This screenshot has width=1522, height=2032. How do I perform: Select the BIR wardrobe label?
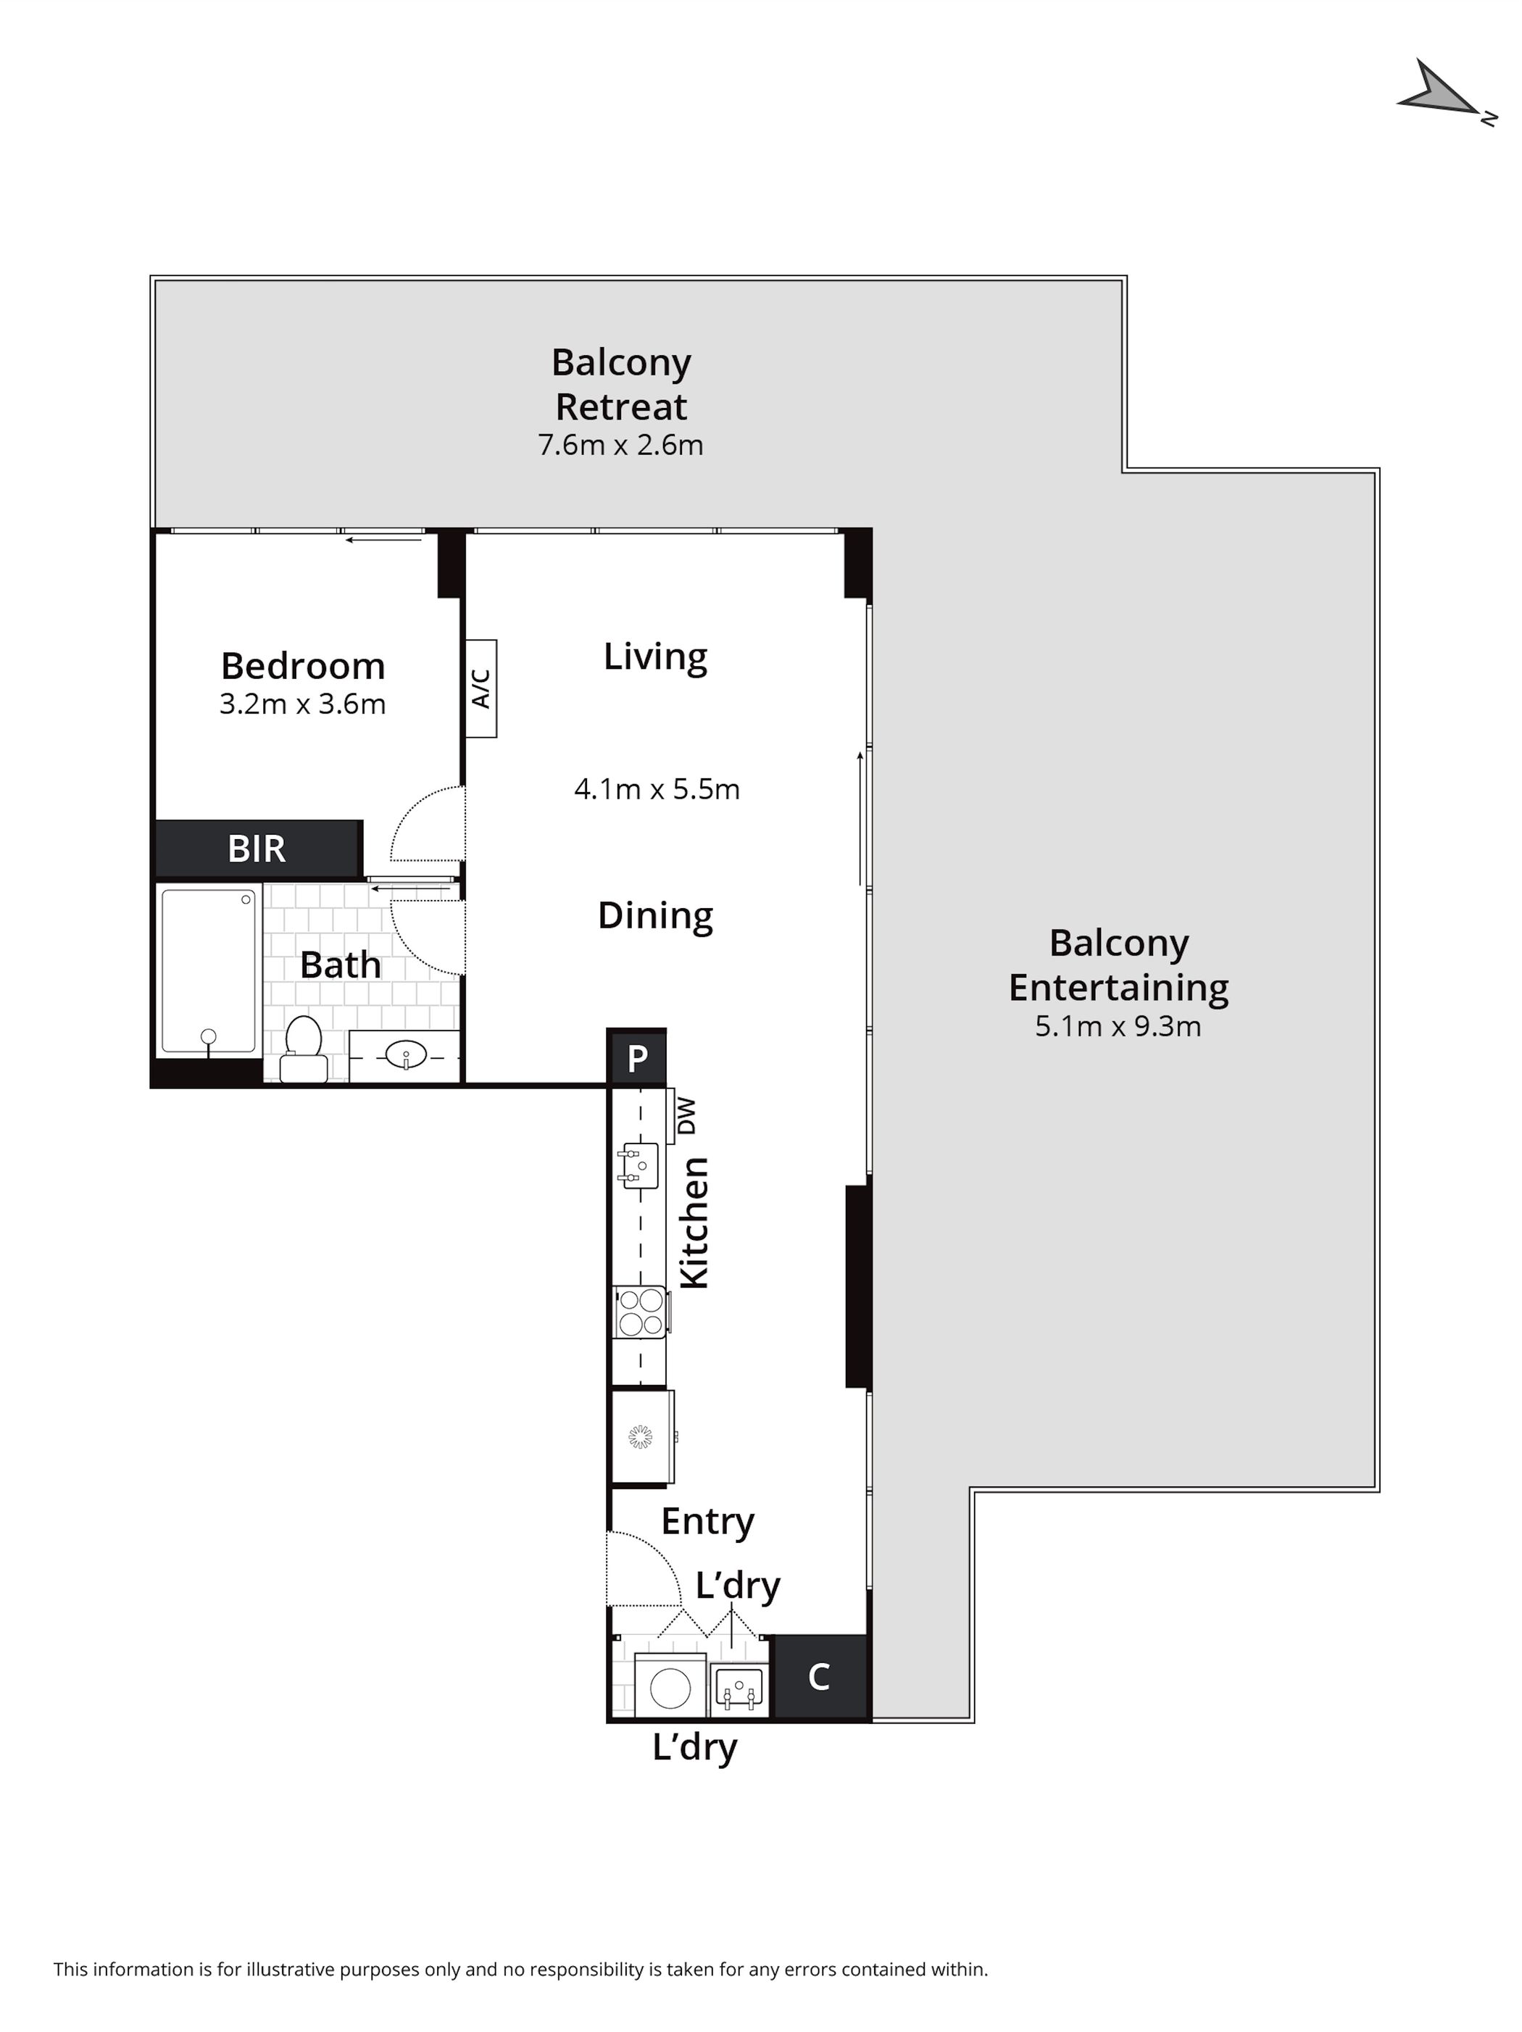tap(257, 849)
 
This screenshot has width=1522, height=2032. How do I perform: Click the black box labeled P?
tap(636, 1057)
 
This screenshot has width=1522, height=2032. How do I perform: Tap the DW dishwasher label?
tap(686, 1115)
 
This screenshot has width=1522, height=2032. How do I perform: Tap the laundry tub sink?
tap(739, 1690)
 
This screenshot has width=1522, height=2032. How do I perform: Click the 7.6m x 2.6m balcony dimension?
tap(621, 445)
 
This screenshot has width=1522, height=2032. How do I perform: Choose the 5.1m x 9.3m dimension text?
tap(1118, 1026)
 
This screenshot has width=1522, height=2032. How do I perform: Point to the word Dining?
tap(655, 916)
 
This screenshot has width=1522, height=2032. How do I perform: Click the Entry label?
tap(707, 1521)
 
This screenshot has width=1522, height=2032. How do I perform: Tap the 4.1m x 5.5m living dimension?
tap(657, 789)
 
